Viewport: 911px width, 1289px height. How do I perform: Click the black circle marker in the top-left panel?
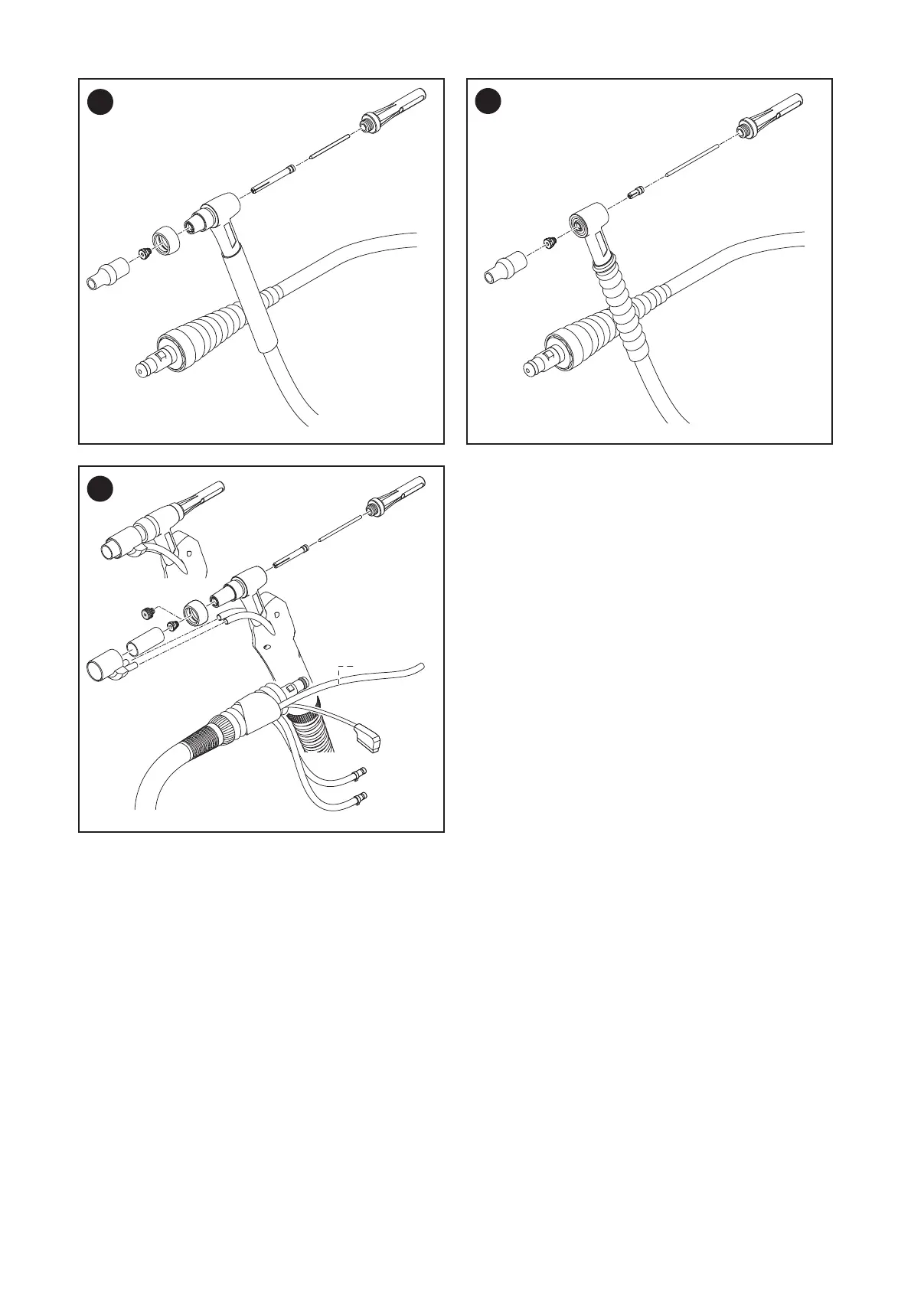(100, 102)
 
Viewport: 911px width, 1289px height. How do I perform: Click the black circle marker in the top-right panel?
(488, 102)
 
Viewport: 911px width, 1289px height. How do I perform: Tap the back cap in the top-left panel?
(394, 110)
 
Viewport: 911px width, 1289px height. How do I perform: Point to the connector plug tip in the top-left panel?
(142, 369)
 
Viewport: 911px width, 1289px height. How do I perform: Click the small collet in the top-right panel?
(635, 193)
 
